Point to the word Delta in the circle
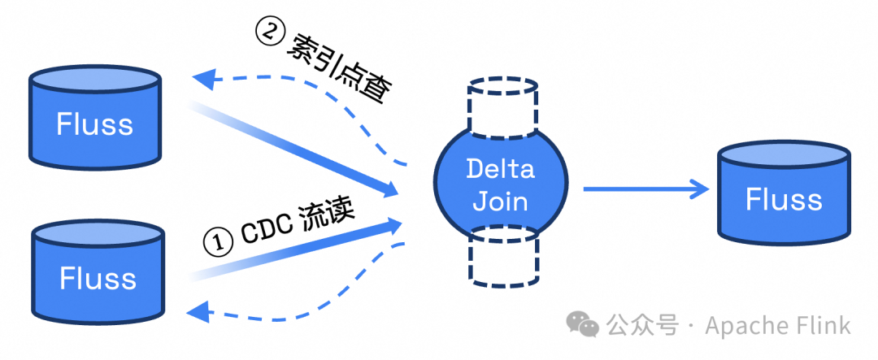pyautogui.click(x=501, y=169)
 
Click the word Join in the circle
pyautogui.click(x=501, y=200)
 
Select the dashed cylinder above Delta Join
pyautogui.click(x=502, y=104)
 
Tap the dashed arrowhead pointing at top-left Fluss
pyautogui.click(x=203, y=78)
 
